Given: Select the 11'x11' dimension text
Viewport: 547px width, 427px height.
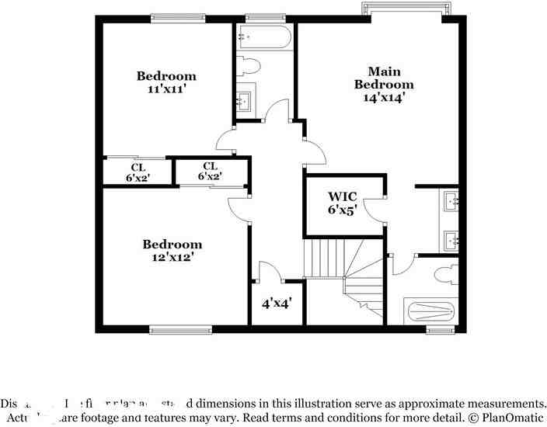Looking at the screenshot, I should (166, 89).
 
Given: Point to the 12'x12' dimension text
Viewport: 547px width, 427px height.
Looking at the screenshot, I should (172, 256).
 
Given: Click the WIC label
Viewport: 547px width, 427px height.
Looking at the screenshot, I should (342, 196).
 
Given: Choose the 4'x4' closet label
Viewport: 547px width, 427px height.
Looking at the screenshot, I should (276, 304).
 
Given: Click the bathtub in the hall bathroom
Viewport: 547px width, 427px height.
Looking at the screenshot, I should (264, 36).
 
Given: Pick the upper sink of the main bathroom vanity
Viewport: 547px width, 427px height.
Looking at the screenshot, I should (450, 203).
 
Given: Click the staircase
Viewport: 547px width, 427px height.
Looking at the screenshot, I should (342, 276).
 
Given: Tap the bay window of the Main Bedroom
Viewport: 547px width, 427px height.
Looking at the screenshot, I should (405, 9).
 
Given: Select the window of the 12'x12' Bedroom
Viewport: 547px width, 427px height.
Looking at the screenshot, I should (180, 330).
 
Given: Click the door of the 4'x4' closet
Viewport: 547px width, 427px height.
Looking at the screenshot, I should (268, 272).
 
